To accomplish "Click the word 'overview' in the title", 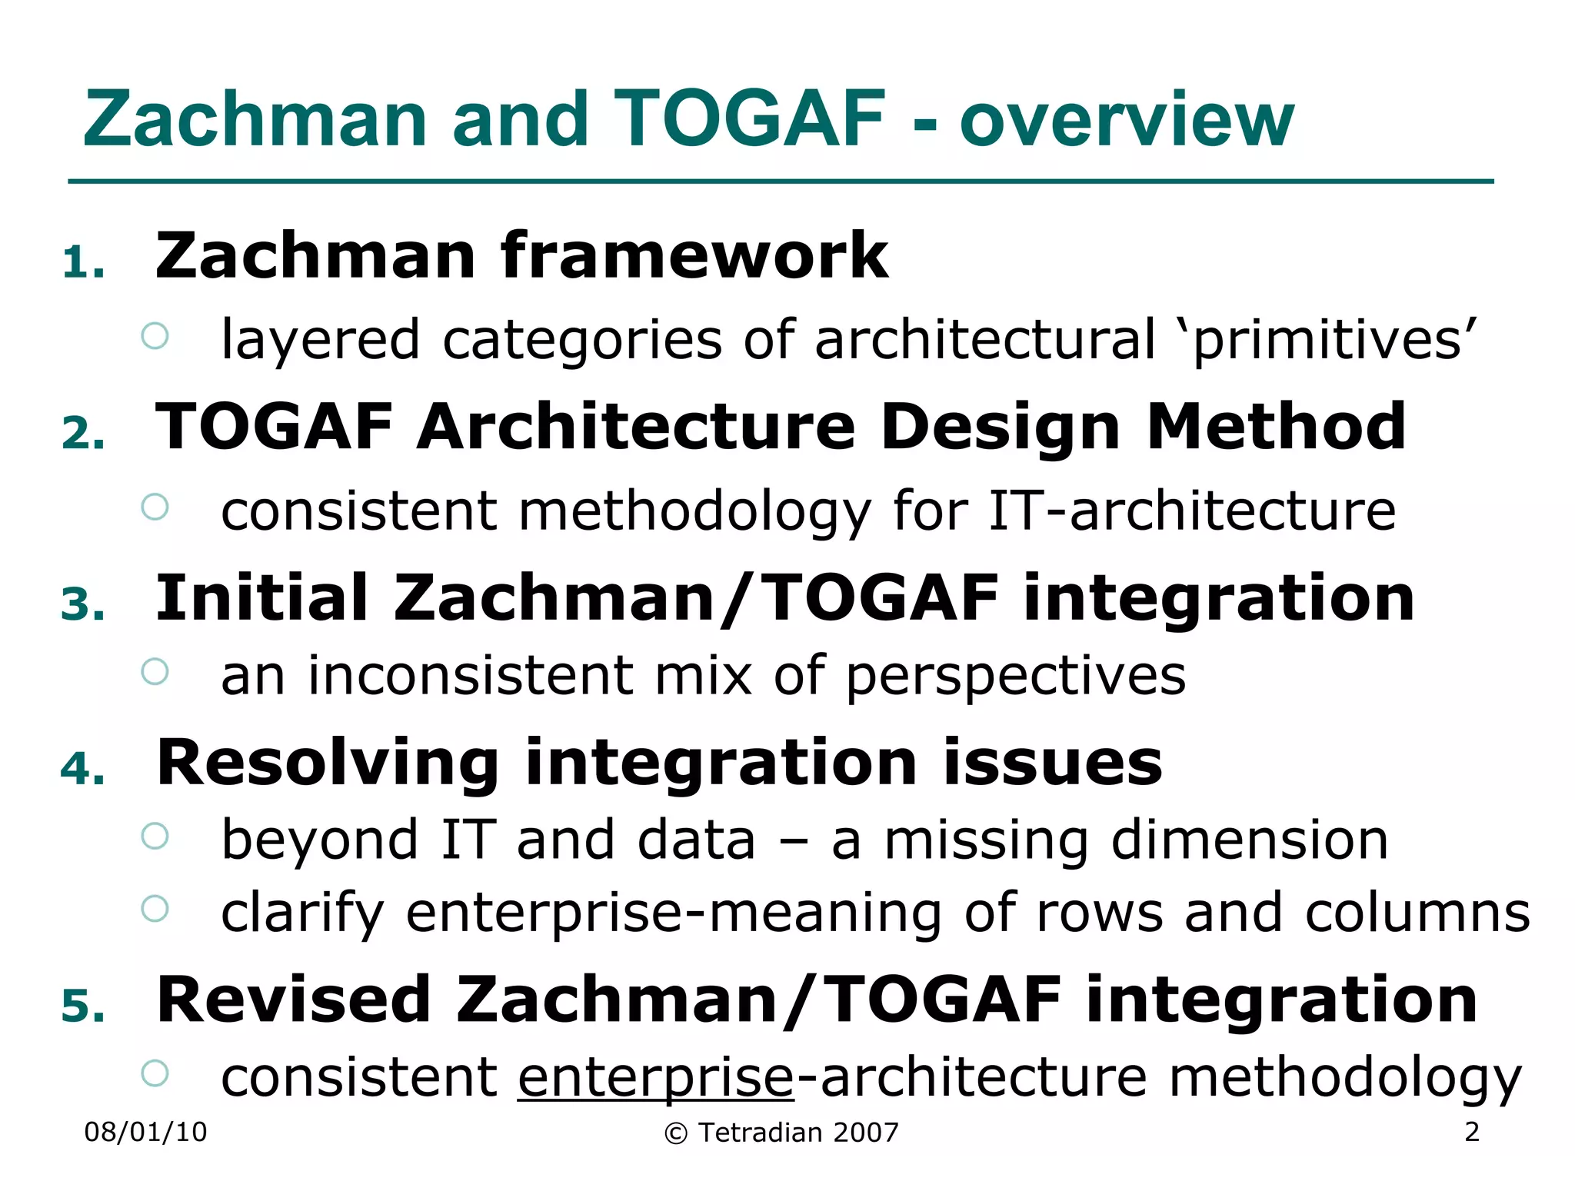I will pyautogui.click(x=1127, y=120).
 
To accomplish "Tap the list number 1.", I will pyautogui.click(x=83, y=263).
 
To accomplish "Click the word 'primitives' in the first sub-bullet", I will pyautogui.click(x=1334, y=340).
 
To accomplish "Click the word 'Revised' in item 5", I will pyautogui.click(x=294, y=1000).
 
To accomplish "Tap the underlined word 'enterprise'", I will pyautogui.click(x=655, y=1078).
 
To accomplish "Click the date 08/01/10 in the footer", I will pyautogui.click(x=145, y=1133).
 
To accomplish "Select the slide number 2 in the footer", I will pyautogui.click(x=1472, y=1132).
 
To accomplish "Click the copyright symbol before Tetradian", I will pyautogui.click(x=675, y=1133).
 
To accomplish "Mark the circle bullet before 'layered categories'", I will pyautogui.click(x=155, y=336).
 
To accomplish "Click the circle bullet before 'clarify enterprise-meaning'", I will pyautogui.click(x=155, y=909).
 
